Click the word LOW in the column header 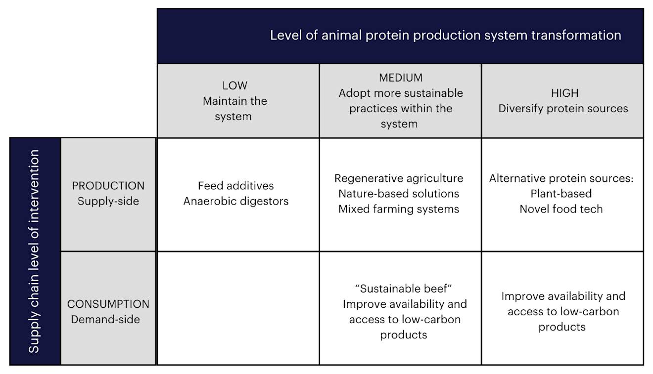click(234, 85)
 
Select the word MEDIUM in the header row click(401, 78)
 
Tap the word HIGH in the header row click(564, 93)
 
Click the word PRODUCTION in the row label click(108, 186)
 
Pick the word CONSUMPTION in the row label click(108, 304)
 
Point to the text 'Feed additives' click(236, 186)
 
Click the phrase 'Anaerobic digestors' click(236, 201)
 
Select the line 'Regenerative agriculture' click(399, 178)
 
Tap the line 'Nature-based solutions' click(399, 194)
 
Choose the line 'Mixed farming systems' click(399, 209)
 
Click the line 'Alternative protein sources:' click(561, 178)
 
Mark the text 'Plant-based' click(561, 194)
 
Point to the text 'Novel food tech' click(561, 209)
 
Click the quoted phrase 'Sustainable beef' click(405, 289)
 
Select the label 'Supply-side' click(108, 201)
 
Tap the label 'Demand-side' click(105, 319)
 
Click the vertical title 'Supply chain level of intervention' click(34, 251)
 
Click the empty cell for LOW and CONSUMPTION click(238, 308)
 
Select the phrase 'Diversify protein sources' click(563, 109)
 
